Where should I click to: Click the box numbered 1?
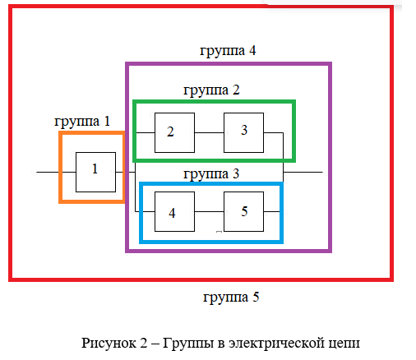pyautogui.click(x=95, y=172)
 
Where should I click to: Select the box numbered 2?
pyautogui.click(x=174, y=132)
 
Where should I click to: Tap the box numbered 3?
pyautogui.click(x=243, y=132)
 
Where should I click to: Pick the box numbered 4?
pyautogui.click(x=174, y=211)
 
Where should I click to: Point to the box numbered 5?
pyautogui.click(x=243, y=211)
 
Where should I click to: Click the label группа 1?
pyautogui.click(x=82, y=122)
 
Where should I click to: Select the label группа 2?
pyautogui.click(x=211, y=90)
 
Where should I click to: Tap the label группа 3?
pyautogui.click(x=211, y=174)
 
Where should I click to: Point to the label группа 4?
pyautogui.click(x=228, y=51)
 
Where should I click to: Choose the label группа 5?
pyautogui.click(x=231, y=298)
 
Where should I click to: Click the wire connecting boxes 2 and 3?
pyautogui.click(x=209, y=132)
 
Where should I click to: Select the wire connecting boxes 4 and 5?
pyautogui.click(x=209, y=211)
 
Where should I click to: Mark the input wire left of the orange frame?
pyautogui.click(x=48, y=172)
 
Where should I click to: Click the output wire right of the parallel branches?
pyautogui.click(x=303, y=172)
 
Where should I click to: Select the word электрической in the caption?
pyautogui.click(x=277, y=343)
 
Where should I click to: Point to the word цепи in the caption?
pyautogui.click(x=344, y=344)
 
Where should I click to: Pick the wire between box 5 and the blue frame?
pyautogui.click(x=271, y=211)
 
